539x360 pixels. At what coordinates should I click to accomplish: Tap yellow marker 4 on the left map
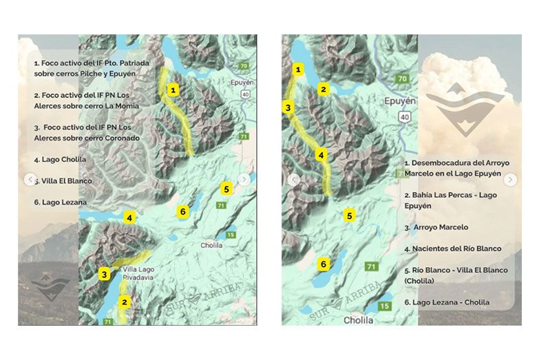click(x=128, y=218)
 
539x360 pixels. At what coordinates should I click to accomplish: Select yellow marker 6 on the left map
click(x=182, y=211)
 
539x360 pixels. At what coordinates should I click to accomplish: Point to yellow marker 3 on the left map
click(x=104, y=275)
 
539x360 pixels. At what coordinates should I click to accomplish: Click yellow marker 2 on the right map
click(x=323, y=89)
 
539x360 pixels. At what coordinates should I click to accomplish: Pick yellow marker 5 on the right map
click(x=350, y=216)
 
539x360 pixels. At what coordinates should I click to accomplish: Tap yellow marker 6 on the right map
click(x=322, y=264)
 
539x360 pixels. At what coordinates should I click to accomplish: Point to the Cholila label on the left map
click(x=212, y=245)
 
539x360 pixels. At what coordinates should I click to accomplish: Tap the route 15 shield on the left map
click(x=231, y=235)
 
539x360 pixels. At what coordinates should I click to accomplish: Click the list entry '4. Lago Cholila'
click(x=60, y=160)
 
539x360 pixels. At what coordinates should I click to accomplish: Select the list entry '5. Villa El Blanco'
click(x=63, y=181)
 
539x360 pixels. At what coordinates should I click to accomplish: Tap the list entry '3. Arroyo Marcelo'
click(x=436, y=227)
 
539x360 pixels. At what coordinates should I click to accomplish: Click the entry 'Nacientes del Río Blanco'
click(x=453, y=248)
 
